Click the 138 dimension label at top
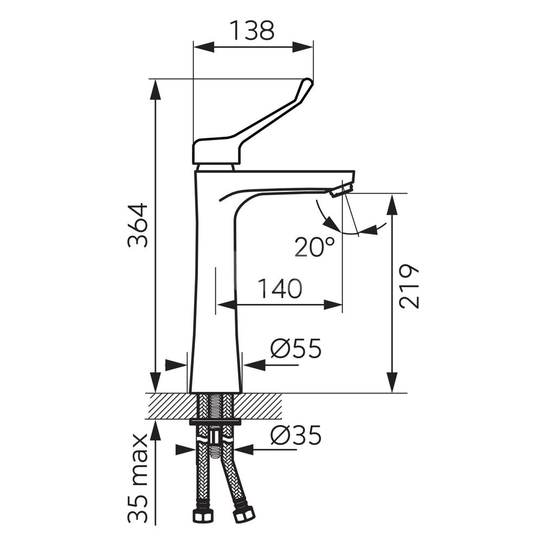(x=253, y=30)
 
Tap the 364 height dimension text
(x=138, y=225)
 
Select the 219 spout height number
(x=409, y=287)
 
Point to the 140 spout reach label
(x=280, y=289)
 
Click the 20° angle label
(x=315, y=247)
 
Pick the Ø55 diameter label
(x=296, y=349)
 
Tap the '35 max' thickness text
(x=138, y=478)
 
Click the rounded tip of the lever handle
(x=307, y=84)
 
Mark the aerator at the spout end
(x=341, y=189)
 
